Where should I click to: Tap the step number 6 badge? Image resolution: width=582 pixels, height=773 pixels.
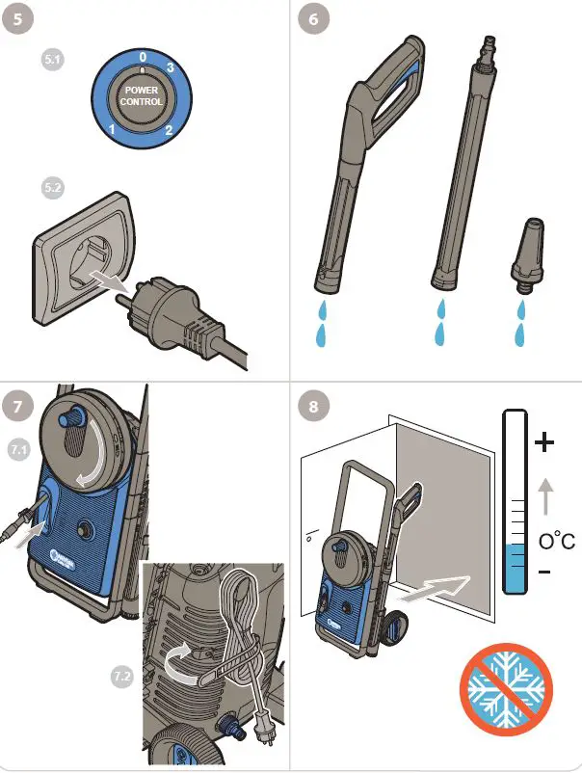pos(310,19)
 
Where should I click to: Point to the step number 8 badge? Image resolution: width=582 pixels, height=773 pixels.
pos(310,406)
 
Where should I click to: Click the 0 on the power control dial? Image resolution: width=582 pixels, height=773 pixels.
pos(142,58)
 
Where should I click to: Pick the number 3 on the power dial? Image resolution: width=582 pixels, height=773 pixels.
pos(170,67)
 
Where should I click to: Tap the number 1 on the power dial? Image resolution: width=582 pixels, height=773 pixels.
pos(113,128)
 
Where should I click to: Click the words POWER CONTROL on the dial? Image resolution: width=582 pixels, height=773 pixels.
pos(142,96)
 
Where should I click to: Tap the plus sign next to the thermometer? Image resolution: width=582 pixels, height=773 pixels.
pos(546,442)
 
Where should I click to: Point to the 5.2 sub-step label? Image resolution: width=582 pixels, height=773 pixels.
pos(53,189)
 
